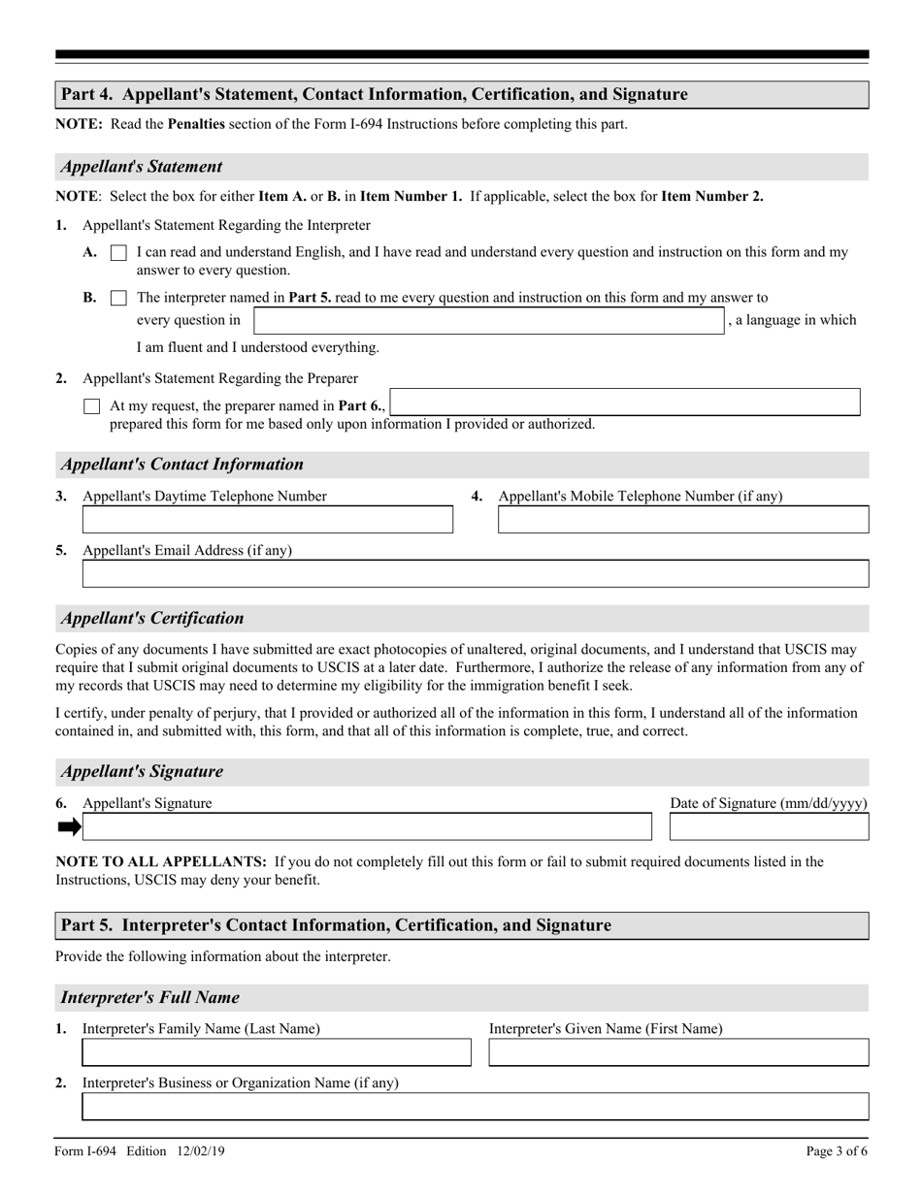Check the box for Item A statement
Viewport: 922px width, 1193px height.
coord(118,253)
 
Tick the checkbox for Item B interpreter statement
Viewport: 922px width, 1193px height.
coord(118,299)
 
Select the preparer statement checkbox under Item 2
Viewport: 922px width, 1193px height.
coord(92,406)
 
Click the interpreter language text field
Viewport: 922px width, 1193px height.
coord(489,321)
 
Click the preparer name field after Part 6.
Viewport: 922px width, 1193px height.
coord(624,403)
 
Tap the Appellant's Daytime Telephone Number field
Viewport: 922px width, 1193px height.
coord(267,520)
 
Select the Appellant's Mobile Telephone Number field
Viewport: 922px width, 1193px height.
coord(682,520)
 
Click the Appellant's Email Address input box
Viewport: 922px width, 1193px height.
coord(475,574)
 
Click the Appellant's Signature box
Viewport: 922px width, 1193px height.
coord(367,826)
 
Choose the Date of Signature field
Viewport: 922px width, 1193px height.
coord(769,826)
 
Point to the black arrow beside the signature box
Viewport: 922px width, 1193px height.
coord(69,827)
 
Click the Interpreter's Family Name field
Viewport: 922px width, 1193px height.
coord(276,1052)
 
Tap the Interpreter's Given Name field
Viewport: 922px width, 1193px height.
coord(677,1052)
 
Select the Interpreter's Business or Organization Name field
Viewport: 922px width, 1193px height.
coord(475,1107)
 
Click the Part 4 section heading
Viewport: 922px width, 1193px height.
coord(374,94)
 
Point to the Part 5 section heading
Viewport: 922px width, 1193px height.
coord(336,925)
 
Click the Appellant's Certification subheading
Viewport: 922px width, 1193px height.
coord(152,618)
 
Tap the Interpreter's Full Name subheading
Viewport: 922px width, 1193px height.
coord(149,997)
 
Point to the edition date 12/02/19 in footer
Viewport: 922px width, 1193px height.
coord(202,1151)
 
